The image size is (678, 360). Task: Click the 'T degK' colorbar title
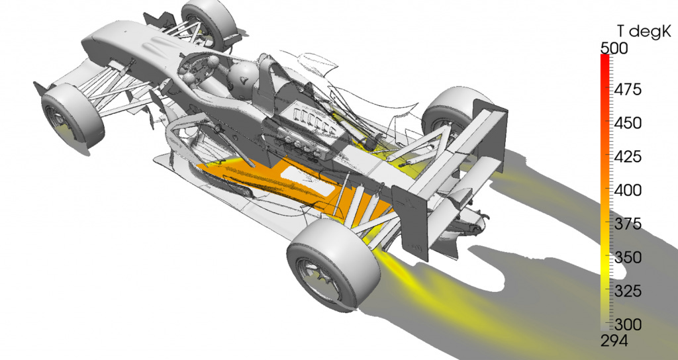(644, 31)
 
